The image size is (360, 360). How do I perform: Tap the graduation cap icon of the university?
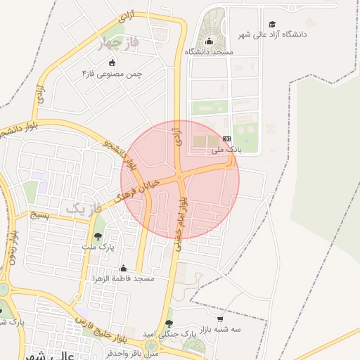[x=272, y=25]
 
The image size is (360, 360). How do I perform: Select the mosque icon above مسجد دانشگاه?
[x=209, y=41]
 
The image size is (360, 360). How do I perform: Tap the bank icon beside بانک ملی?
[x=226, y=139]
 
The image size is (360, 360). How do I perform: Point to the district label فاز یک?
[x=84, y=208]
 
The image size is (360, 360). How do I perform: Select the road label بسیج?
[x=39, y=215]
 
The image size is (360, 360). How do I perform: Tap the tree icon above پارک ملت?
[x=98, y=236]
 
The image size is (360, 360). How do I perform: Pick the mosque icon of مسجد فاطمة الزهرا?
[x=124, y=268]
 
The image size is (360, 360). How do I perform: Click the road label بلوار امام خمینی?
[x=181, y=221]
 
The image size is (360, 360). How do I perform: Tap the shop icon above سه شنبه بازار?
[x=220, y=319]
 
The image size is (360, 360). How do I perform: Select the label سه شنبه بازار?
[x=219, y=329]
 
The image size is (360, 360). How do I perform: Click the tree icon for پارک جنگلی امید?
[x=169, y=323]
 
